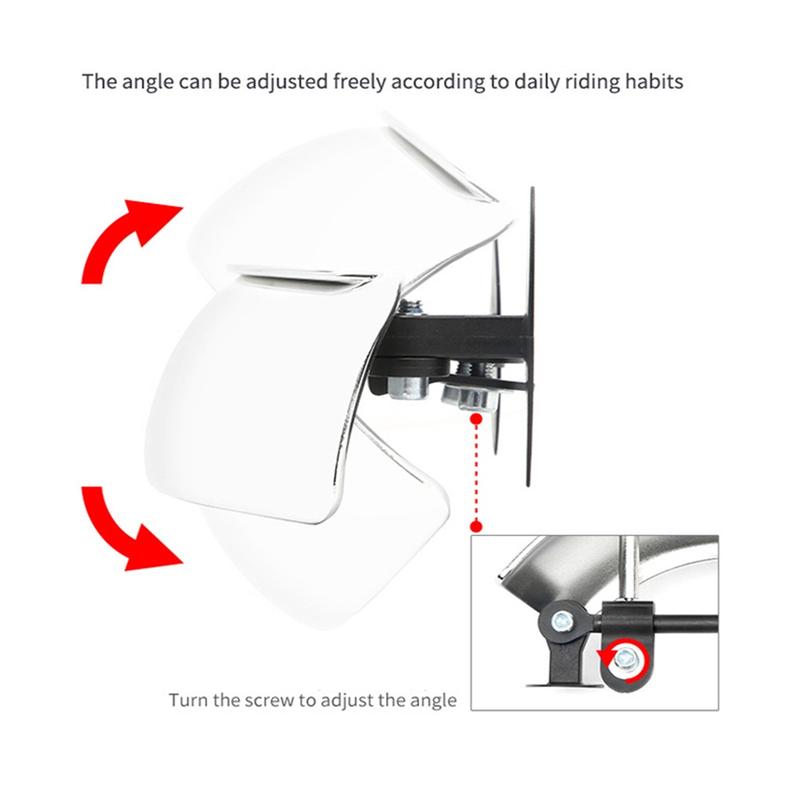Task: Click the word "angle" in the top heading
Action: [x=148, y=82]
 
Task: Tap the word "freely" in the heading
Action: [x=359, y=81]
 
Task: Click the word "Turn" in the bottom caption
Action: [x=188, y=699]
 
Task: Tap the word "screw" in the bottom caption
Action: [x=270, y=700]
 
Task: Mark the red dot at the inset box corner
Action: [x=476, y=527]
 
